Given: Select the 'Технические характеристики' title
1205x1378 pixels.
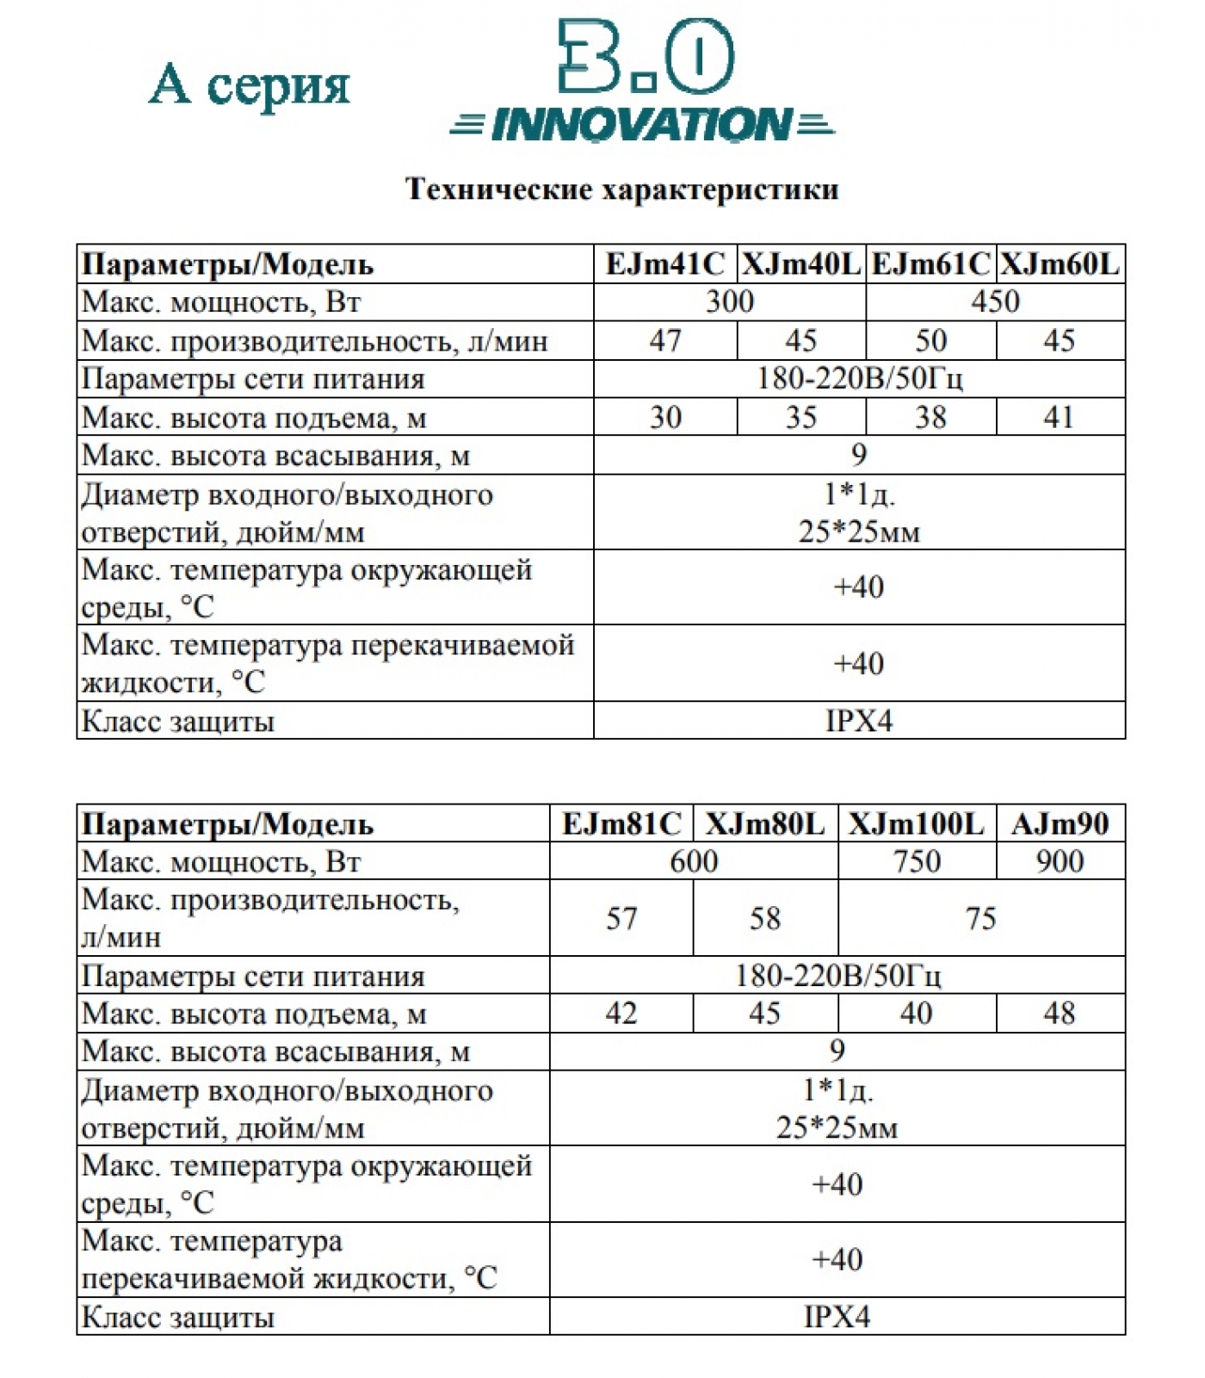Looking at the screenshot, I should pos(621,189).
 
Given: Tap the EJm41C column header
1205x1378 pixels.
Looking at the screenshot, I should pos(664,264).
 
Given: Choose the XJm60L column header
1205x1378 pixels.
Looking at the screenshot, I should pos(1060,264).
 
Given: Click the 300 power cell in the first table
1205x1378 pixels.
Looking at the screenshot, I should pos(729,301).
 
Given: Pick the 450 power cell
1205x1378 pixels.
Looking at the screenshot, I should pos(995,301).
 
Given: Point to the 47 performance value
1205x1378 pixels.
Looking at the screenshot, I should pos(664,340).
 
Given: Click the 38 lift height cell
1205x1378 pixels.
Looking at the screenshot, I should pos(930,417).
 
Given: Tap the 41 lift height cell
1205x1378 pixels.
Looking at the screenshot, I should pos(1060,417).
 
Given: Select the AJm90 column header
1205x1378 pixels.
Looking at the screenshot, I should pos(1060,824).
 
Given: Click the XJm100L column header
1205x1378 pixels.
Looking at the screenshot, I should pos(916,824).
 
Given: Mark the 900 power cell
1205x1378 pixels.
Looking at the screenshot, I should pos(1060,861).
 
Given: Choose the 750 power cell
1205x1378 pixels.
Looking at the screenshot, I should pos(916,861).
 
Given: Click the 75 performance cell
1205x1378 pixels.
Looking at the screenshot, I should pos(980,918).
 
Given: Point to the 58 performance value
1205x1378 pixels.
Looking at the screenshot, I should pos(764,918).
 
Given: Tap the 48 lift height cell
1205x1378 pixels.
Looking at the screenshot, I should pos(1060,1013).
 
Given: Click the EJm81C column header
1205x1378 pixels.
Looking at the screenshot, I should pos(621,824).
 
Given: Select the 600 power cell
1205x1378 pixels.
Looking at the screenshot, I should pos(693,861).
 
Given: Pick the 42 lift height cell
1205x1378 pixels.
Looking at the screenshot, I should pos(621,1013).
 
